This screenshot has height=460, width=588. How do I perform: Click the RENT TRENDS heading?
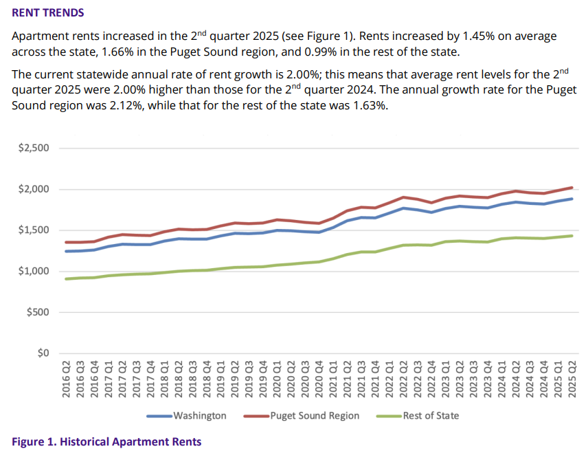tap(47, 13)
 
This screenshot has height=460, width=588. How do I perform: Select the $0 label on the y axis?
tap(42, 353)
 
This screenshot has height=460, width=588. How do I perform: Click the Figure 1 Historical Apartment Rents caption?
tap(106, 441)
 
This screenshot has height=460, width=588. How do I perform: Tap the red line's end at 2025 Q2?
tap(572, 187)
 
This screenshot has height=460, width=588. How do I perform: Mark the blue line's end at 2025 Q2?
tap(572, 199)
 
